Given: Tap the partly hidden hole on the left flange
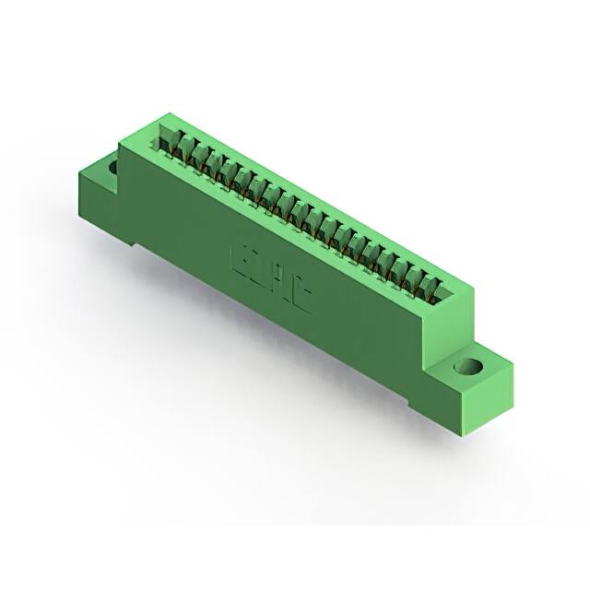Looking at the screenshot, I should (x=112, y=169).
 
